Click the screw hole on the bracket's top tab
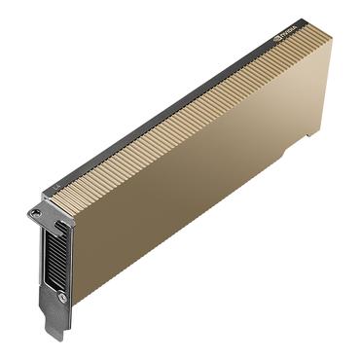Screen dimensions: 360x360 [x=36, y=212]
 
